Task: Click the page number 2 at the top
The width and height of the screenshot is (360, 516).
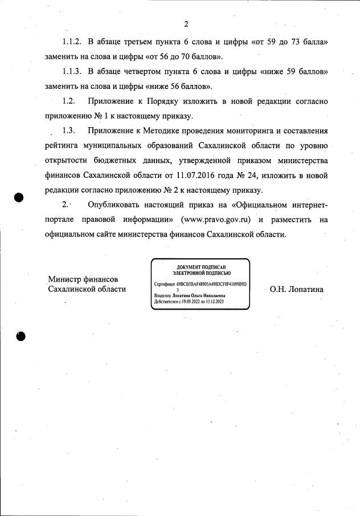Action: pyautogui.click(x=186, y=24)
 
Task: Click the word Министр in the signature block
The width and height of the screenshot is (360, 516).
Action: pyautogui.click(x=66, y=279)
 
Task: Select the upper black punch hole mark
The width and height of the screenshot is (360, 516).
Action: pyautogui.click(x=19, y=197)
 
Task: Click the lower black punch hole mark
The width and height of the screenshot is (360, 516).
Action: pyautogui.click(x=21, y=335)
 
